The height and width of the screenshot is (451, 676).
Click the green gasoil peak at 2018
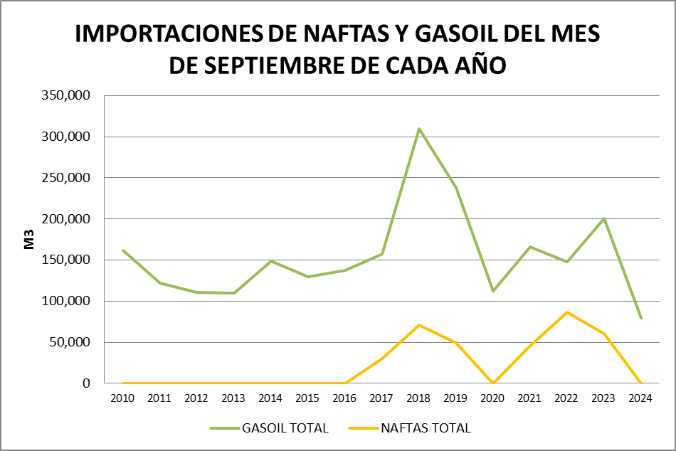click(x=419, y=129)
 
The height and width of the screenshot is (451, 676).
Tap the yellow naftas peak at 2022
click(x=567, y=312)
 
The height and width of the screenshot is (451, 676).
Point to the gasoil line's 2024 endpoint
click(x=641, y=318)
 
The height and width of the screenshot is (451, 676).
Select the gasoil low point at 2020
click(x=493, y=291)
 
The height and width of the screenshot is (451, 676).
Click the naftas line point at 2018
click(x=419, y=325)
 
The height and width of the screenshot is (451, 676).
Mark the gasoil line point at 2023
click(x=604, y=218)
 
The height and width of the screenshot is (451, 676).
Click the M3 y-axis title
click(x=29, y=240)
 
